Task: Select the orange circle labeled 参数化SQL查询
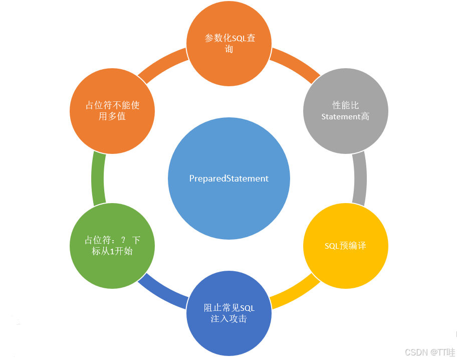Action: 229,44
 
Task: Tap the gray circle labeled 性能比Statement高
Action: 346,111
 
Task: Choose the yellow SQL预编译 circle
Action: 346,246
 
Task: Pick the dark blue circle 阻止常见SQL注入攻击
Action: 229,313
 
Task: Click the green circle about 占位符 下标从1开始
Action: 112,246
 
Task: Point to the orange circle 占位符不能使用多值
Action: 112,111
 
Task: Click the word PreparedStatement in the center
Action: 229,178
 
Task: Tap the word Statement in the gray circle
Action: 341,117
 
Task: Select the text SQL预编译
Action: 346,246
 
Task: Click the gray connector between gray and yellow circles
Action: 359,178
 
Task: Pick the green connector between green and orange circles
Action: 98,178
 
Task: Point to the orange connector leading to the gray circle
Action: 296,64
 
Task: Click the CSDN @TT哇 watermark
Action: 430,352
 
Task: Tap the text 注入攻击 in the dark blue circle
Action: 229,319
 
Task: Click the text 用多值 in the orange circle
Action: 112,116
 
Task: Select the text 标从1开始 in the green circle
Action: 112,251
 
